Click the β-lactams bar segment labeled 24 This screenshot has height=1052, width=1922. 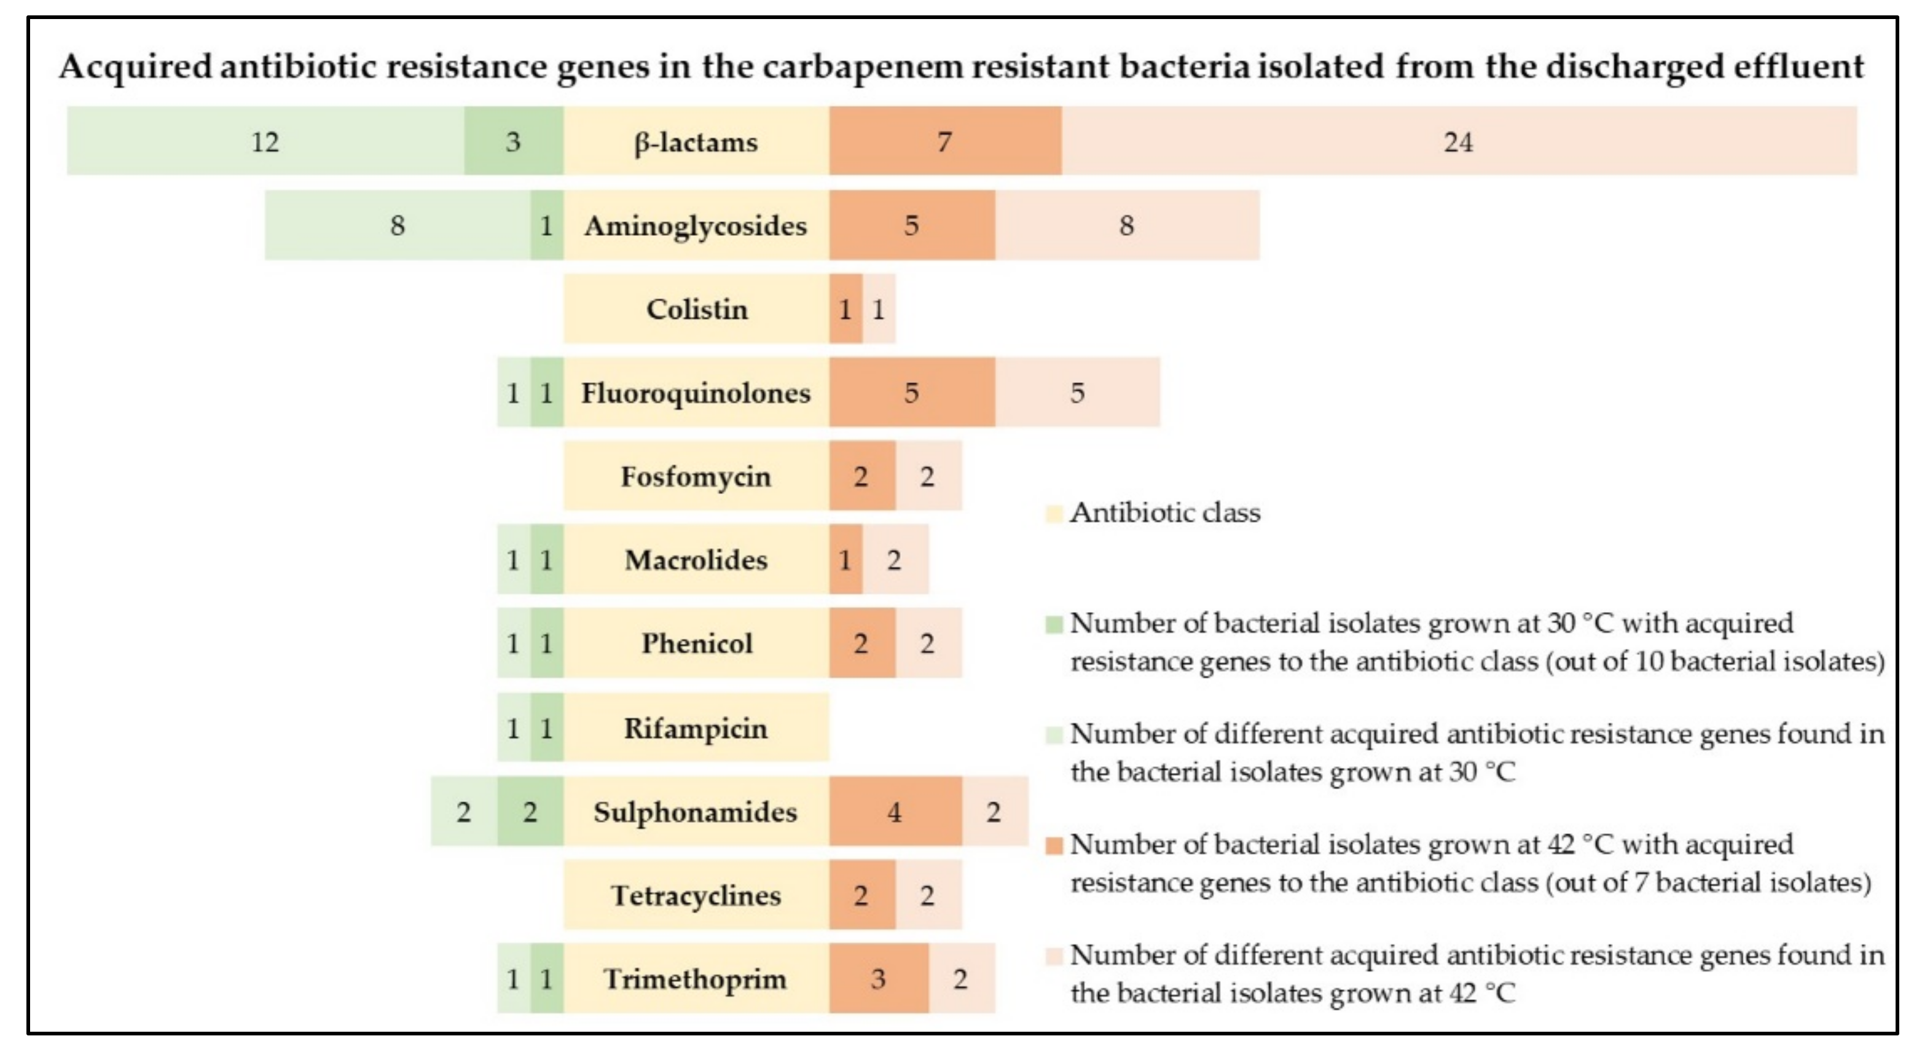point(1458,142)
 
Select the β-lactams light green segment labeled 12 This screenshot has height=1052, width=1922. point(265,142)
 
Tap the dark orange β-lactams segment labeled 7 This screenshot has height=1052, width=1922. point(944,142)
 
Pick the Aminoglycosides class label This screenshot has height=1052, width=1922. point(696,226)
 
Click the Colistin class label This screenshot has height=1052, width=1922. point(696,309)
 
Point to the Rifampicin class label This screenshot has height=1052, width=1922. point(696,728)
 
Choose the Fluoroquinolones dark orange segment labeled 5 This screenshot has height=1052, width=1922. point(911,393)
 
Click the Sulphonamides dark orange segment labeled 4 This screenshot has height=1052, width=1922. point(895,812)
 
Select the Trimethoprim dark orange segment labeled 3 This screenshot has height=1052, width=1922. point(878,979)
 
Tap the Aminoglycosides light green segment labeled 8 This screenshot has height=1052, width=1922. point(397,226)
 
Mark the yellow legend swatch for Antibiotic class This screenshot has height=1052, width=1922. point(1054,513)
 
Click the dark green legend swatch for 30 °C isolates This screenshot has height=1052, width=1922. point(1054,624)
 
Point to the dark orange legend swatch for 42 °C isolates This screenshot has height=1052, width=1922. point(1054,846)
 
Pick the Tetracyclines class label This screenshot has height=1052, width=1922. point(696,895)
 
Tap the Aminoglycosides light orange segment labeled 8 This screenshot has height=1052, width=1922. point(1127,226)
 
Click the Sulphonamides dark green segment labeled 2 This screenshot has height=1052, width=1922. point(530,812)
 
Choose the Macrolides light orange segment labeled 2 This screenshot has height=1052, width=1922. point(895,560)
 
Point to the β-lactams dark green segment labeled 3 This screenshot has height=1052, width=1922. point(512,142)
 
